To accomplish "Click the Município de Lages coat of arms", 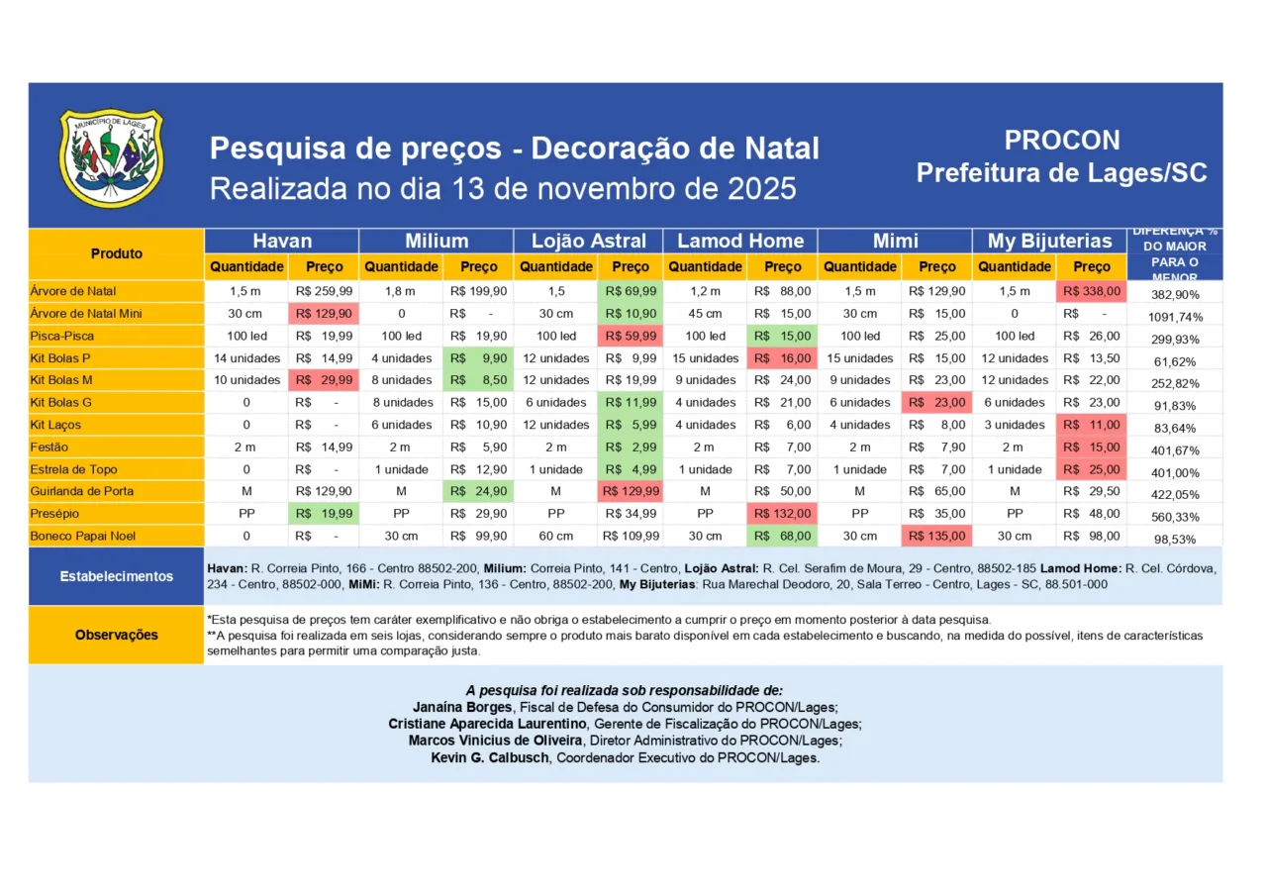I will pyautogui.click(x=112, y=158).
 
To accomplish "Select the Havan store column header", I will pyautogui.click(x=282, y=241).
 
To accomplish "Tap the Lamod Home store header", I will pyautogui.click(x=740, y=241).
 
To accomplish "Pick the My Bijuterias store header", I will pyautogui.click(x=1049, y=241).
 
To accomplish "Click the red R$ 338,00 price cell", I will pyautogui.click(x=1092, y=291).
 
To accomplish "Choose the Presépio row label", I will pyautogui.click(x=55, y=514).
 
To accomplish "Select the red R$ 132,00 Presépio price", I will pyautogui.click(x=782, y=514).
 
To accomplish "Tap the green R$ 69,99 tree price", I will pyautogui.click(x=630, y=291).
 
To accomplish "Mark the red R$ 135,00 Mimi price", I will pyautogui.click(x=936, y=536).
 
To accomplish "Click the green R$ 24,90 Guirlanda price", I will pyautogui.click(x=478, y=491).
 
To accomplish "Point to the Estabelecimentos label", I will pyautogui.click(x=117, y=576).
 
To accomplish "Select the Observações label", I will pyautogui.click(x=117, y=635).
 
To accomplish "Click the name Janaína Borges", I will pyautogui.click(x=462, y=707).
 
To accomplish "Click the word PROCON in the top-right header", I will pyautogui.click(x=1061, y=141).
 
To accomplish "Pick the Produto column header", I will pyautogui.click(x=117, y=253).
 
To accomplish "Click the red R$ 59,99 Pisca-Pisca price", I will pyautogui.click(x=630, y=336).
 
